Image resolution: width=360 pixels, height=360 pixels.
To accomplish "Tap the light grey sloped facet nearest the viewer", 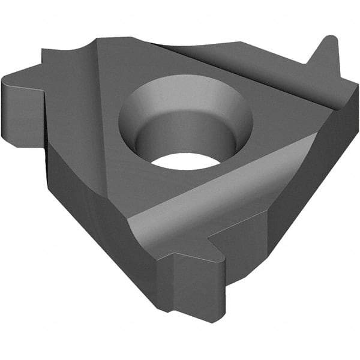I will point(210,198).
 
